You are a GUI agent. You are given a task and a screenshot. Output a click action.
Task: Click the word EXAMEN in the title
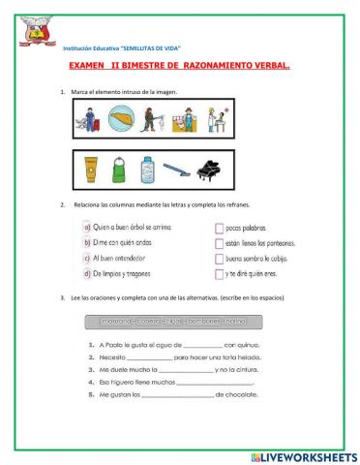[90, 68]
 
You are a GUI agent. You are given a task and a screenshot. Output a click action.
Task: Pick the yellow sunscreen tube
[92, 170]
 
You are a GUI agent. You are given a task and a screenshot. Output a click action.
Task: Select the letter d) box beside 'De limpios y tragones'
[86, 274]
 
